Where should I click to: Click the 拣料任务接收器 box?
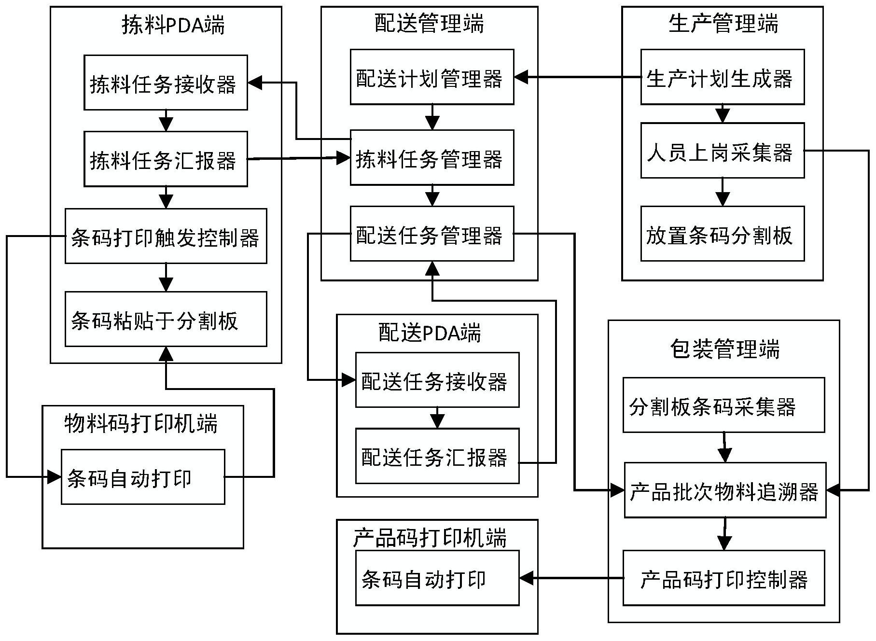166,83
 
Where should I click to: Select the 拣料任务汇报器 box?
166,159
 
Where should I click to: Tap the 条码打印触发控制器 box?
166,236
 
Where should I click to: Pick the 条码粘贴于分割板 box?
166,319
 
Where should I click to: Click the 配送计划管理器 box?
431,77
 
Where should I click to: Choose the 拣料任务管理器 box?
431,157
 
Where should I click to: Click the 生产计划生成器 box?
722,77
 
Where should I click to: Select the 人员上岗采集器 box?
722,151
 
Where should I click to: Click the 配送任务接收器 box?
437,380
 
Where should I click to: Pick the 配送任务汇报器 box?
437,456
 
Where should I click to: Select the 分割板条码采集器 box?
723,405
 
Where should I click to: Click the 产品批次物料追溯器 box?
725,490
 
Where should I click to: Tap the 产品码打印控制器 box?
723,578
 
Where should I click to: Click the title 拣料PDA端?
173,24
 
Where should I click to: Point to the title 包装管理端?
724,348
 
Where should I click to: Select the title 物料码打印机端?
141,423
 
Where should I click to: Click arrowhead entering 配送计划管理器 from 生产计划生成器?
521,77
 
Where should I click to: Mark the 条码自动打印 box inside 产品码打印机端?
437,578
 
